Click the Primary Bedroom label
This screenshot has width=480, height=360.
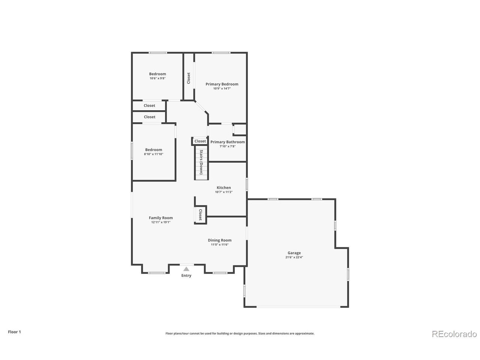pos(222,84)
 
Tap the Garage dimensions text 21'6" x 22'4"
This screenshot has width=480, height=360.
pos(294,258)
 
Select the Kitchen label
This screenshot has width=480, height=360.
pos(224,187)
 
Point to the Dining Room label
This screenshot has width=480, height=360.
pos(220,240)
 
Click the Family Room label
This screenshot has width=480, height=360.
pos(161,218)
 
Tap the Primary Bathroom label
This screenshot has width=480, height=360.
pos(228,142)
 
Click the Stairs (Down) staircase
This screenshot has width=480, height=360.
pos(201,163)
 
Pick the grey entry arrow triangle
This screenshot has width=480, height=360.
pos(186,268)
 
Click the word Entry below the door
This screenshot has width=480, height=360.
pos(186,276)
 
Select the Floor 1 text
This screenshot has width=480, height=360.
pos(15,332)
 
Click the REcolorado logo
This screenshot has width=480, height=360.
pos(454,334)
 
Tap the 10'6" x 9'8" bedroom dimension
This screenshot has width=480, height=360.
pos(157,78)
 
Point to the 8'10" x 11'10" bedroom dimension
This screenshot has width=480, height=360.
pos(154,154)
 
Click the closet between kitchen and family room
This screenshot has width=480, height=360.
pos(200,215)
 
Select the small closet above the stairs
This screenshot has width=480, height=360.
pos(200,141)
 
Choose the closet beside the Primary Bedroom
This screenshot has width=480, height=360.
pos(189,78)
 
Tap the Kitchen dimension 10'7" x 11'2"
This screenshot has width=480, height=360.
pos(224,192)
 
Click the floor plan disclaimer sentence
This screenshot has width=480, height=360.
pos(240,333)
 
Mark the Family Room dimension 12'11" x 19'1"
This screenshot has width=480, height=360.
pos(161,222)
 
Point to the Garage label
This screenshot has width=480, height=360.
pos(294,253)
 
